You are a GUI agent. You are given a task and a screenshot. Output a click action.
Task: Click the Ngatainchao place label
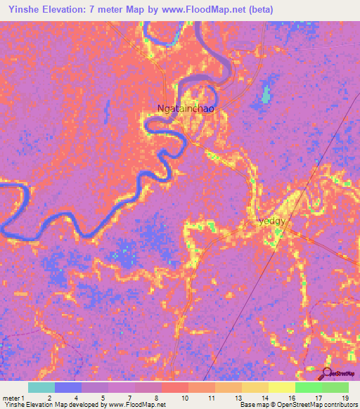click(x=186, y=110)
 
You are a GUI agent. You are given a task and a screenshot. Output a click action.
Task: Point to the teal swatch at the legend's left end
click(x=41, y=387)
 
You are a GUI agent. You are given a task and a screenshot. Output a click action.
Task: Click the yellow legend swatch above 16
click(x=281, y=387)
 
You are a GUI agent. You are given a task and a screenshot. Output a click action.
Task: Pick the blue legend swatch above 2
click(x=68, y=387)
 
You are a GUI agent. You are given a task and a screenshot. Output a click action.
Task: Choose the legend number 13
click(x=238, y=398)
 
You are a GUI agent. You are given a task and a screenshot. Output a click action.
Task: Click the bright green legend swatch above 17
click(x=308, y=387)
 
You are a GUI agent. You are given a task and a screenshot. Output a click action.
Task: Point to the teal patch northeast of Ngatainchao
click(x=265, y=95)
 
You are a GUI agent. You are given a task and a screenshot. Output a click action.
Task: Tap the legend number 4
click(x=75, y=398)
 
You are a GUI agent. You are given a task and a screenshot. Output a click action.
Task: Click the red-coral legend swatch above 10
click(x=174, y=387)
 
